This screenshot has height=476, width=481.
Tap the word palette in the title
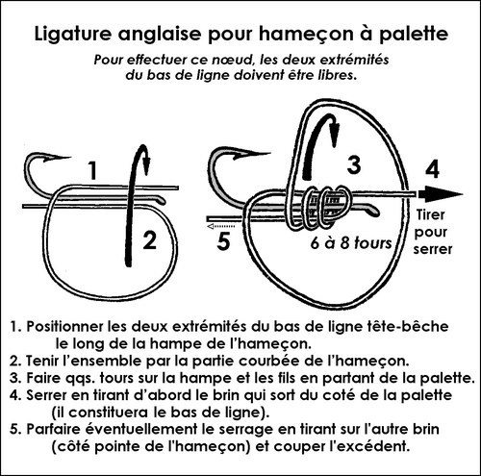click(x=414, y=35)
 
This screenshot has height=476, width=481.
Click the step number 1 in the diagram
click(x=92, y=171)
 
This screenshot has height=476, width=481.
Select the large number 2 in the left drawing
click(x=149, y=240)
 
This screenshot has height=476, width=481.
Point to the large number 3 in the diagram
click(x=354, y=165)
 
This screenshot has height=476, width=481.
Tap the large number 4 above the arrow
click(x=432, y=169)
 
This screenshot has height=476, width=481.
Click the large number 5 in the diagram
click(x=223, y=241)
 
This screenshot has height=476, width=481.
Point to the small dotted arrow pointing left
click(x=221, y=227)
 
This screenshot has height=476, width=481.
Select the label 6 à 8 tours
click(x=351, y=243)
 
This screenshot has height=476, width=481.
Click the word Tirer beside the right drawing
click(x=431, y=215)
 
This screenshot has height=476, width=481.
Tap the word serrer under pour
click(x=433, y=249)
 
